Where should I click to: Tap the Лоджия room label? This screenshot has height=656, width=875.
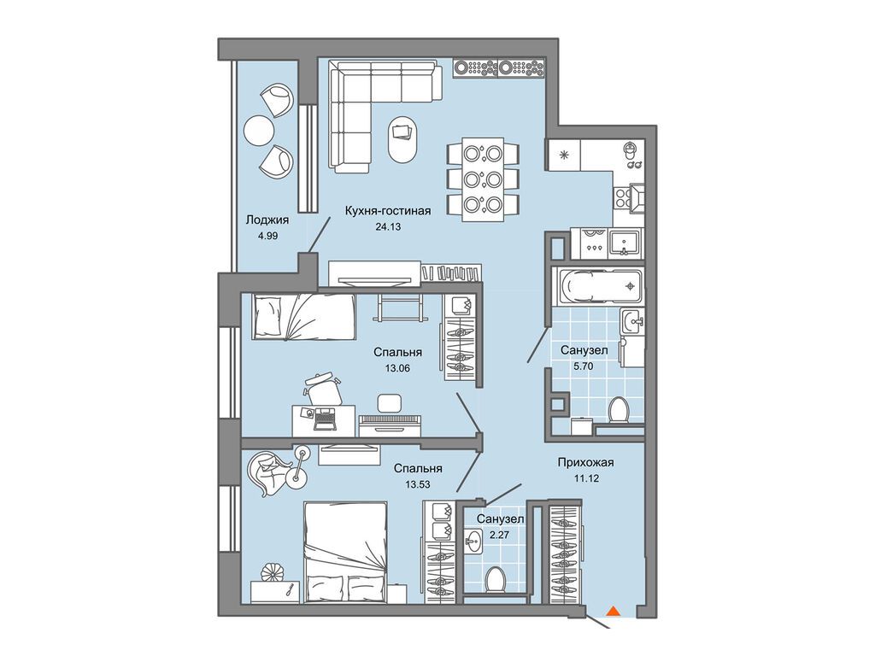click(x=267, y=220)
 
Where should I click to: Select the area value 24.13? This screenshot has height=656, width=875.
click(x=389, y=226)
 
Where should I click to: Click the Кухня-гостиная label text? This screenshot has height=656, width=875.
click(x=388, y=210)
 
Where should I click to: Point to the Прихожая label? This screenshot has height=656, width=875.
click(x=585, y=462)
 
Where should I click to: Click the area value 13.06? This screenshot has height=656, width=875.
click(x=397, y=367)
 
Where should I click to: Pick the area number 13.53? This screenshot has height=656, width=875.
click(x=418, y=485)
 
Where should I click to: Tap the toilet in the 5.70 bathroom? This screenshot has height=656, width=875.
click(x=619, y=409)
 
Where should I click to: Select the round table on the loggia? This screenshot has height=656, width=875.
click(x=258, y=131)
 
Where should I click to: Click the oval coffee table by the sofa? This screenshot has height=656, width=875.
click(x=402, y=139)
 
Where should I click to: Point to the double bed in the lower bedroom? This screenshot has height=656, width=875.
click(x=345, y=553)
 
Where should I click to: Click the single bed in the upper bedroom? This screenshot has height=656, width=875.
click(x=303, y=317)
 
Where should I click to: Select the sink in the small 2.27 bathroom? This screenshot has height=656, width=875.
click(x=473, y=542)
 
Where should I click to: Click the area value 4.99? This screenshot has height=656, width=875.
click(x=267, y=236)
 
